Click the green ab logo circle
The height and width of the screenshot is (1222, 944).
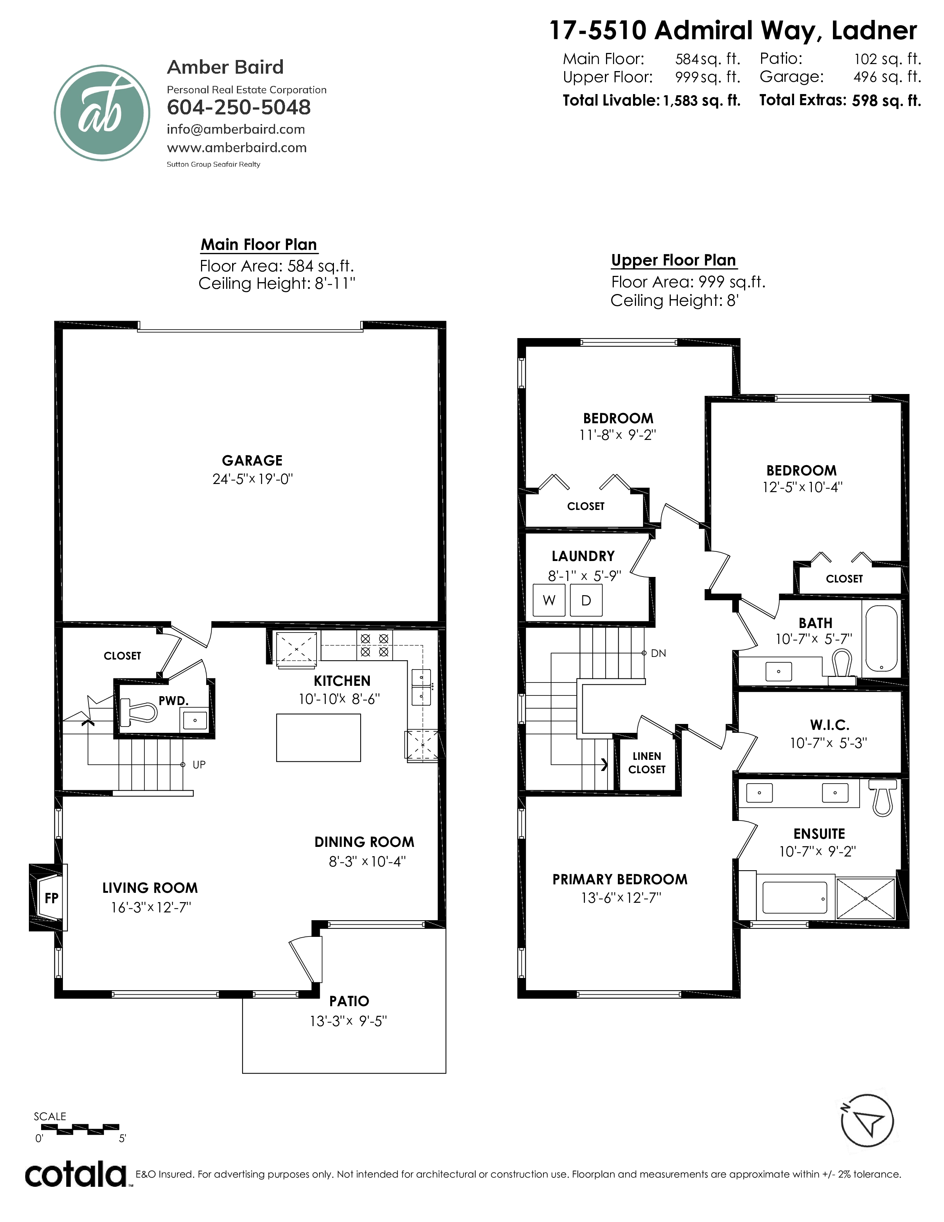(102, 113)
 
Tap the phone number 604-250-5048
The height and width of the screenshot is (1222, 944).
(239, 107)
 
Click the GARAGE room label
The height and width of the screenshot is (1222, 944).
(252, 461)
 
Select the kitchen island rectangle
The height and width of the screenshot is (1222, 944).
(318, 737)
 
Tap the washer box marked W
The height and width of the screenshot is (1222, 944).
(549, 600)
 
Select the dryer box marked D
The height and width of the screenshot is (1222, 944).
(586, 600)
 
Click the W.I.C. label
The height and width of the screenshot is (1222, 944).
(829, 725)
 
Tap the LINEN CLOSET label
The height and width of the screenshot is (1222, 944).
(646, 762)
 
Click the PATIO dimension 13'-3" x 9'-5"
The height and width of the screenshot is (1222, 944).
(348, 1021)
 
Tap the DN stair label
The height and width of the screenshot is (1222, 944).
(658, 653)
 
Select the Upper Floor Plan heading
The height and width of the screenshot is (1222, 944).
(673, 260)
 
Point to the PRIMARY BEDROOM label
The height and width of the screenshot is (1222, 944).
(620, 879)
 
